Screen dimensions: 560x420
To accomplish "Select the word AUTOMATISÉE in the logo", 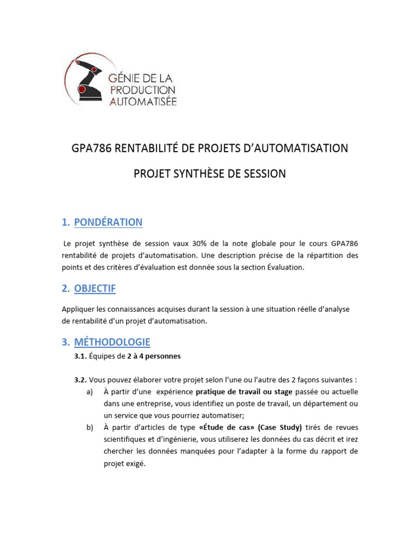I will (x=143, y=101).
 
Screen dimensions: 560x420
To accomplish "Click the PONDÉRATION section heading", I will (x=108, y=222).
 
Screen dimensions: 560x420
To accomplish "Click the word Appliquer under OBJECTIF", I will (x=78, y=309).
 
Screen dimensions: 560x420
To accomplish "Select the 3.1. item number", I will (x=80, y=356).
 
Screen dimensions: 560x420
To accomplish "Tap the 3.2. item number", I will (x=80, y=380).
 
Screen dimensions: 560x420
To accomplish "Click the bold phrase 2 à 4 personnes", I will (x=154, y=356).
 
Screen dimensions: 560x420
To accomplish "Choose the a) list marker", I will (x=90, y=392).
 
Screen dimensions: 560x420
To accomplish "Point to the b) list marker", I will (x=90, y=427).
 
